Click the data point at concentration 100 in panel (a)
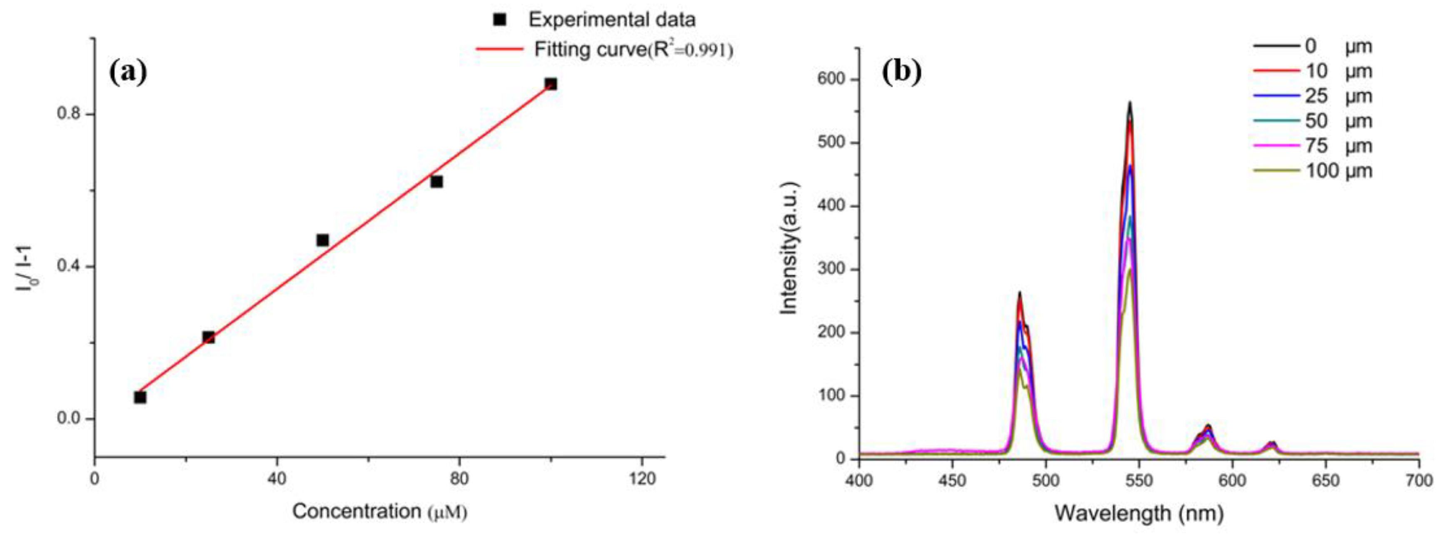click(551, 84)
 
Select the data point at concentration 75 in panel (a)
click(437, 182)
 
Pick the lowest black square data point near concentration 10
click(140, 397)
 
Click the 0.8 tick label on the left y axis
click(70, 114)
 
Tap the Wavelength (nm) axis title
click(1139, 512)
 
